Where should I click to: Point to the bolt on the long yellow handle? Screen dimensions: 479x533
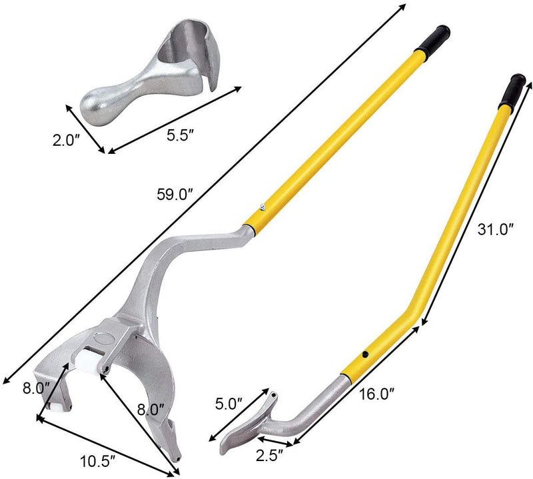(x=263, y=207)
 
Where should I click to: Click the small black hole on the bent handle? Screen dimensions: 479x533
(x=364, y=355)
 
